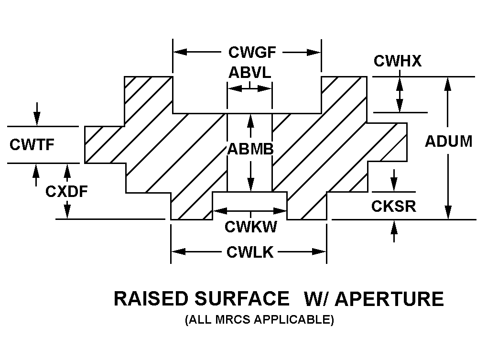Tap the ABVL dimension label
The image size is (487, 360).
tap(249, 73)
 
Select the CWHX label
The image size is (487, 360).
tap(397, 61)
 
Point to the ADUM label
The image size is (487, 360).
tap(448, 142)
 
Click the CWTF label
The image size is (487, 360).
tap(32, 144)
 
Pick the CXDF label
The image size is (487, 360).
tap(67, 191)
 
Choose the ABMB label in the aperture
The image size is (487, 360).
tap(250, 150)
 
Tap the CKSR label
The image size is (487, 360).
tap(393, 206)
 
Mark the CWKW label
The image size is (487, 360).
tap(251, 227)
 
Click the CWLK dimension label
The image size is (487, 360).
tap(250, 252)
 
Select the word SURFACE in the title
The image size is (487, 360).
tap(242, 299)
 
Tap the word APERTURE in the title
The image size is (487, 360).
tap(389, 299)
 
